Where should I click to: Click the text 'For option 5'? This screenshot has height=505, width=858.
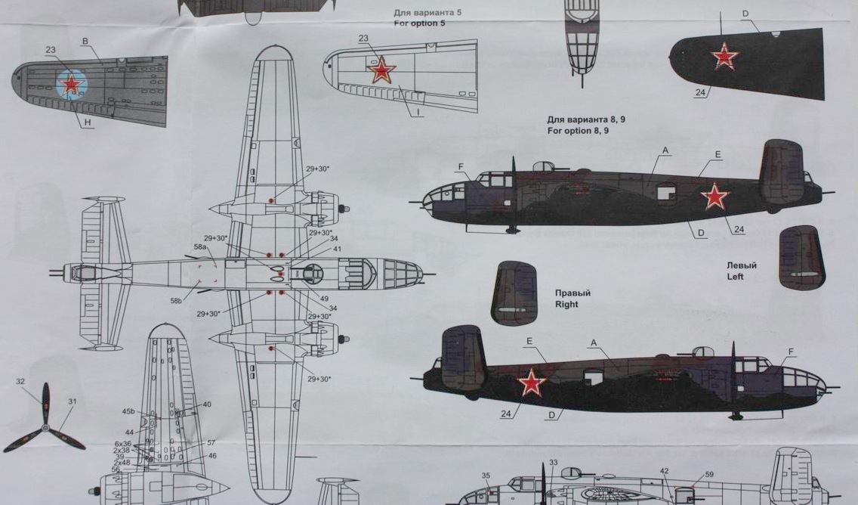pos(420,23)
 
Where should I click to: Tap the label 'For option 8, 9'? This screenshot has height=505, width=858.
pos(578,131)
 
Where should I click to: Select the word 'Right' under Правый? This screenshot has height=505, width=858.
pos(566,305)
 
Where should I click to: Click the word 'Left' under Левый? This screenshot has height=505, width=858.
pos(735,277)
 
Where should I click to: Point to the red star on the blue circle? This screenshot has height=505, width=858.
pos(71,83)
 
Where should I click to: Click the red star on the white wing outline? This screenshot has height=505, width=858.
pos(381,70)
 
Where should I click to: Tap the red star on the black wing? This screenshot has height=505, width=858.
pos(725,56)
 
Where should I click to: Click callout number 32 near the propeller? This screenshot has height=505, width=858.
pos(20,382)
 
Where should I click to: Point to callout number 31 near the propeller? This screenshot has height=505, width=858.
pos(73,401)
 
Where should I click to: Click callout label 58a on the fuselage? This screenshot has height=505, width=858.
pos(200,247)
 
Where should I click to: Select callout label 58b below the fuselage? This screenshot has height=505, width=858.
pos(176,301)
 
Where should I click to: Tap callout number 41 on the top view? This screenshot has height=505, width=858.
pos(337,249)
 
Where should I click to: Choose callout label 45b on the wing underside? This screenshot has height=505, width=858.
pos(128,412)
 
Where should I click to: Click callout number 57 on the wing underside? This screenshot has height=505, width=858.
pos(211,442)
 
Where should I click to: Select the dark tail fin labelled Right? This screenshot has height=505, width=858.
pos(514,293)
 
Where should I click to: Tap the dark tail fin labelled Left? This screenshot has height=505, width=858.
pos(801,257)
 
